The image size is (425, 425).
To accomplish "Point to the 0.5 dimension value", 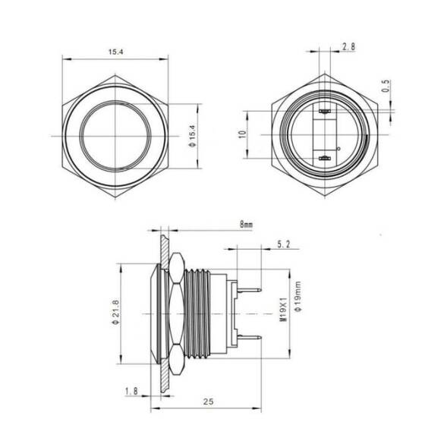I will coord(386,87).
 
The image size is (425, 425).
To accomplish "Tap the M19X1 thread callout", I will coord(282,311).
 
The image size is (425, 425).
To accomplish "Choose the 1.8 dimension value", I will coord(130,392).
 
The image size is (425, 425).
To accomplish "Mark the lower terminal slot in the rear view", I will coord(326,158).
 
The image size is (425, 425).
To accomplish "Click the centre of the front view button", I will coord(115,136).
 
